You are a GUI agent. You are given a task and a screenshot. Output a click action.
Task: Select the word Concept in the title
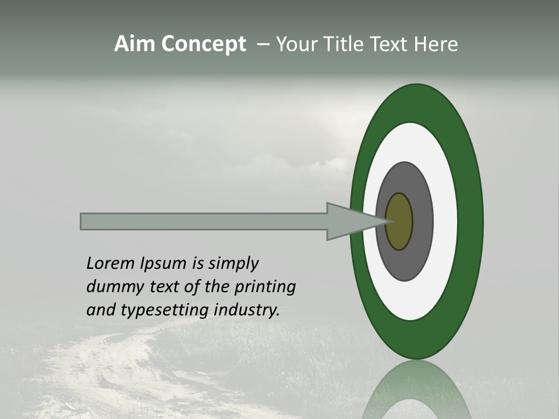(204, 45)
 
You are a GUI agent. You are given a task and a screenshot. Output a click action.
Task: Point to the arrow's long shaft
(204, 222)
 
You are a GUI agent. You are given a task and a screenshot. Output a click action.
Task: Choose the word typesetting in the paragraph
(155, 311)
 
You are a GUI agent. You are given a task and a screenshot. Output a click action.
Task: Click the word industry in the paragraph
(246, 310)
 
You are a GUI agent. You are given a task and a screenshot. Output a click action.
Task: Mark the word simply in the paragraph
(233, 264)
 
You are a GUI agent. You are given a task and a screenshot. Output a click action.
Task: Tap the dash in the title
(263, 45)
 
